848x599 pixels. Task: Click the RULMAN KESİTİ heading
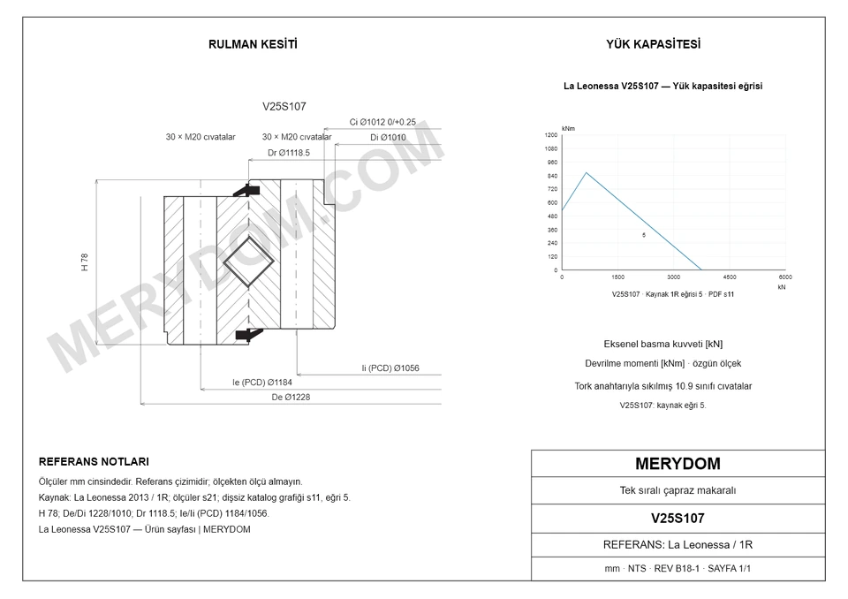point(253,44)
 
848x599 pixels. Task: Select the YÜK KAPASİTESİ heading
point(654,44)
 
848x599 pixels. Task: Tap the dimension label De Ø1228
point(291,398)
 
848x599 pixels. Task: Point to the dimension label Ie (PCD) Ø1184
point(262,383)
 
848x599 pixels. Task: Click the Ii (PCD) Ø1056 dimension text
point(390,368)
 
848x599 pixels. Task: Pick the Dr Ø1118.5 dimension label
point(289,153)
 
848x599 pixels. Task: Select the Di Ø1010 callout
point(388,138)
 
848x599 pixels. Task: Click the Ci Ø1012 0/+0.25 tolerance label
point(382,122)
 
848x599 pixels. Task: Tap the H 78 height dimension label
point(85,262)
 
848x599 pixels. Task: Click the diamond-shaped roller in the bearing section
point(249,262)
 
